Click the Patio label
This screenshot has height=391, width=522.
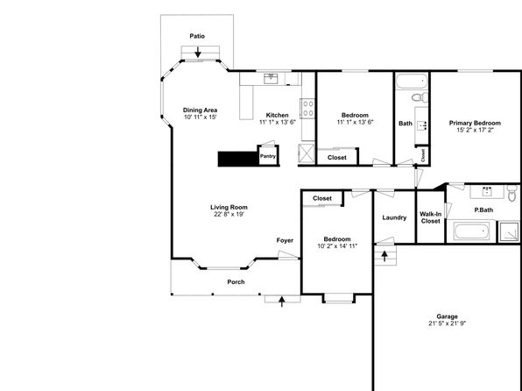tap(197, 36)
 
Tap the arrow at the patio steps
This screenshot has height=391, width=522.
tap(198, 52)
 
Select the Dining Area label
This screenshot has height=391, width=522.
tap(200, 110)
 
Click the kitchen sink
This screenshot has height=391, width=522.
tap(271, 79)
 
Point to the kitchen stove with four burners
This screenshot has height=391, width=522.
tap(307, 109)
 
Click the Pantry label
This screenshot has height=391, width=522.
tap(268, 156)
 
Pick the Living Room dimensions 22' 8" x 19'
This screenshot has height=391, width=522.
tap(229, 214)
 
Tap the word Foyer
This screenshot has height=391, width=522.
tap(285, 240)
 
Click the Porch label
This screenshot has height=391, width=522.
tap(236, 282)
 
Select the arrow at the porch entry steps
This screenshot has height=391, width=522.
tap(282, 302)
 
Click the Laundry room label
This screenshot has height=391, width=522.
tap(394, 217)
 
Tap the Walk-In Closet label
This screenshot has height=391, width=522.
tap(430, 217)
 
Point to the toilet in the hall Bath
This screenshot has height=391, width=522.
tap(420, 97)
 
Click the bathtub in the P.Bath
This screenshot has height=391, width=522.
tap(472, 231)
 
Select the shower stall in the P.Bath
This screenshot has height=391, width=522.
tap(508, 231)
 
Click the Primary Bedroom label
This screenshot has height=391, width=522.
tap(475, 123)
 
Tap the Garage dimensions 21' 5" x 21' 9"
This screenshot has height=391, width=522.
tap(447, 323)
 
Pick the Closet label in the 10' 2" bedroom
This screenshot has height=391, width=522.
tap(322, 198)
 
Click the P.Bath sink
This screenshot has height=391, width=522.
tap(487, 192)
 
